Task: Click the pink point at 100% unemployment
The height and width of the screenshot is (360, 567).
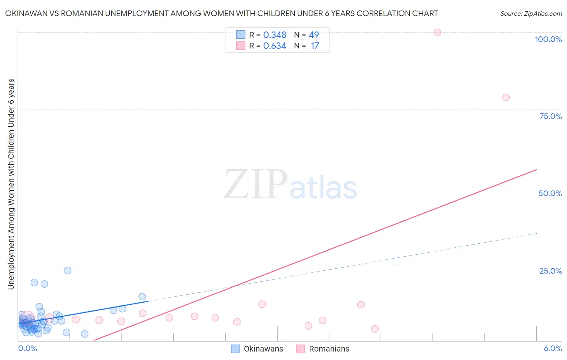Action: click(x=437, y=32)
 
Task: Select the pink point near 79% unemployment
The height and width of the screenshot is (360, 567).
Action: click(x=506, y=97)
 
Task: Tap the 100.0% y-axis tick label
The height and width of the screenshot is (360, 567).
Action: click(x=548, y=39)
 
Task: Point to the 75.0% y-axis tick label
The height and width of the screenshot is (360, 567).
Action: click(x=550, y=116)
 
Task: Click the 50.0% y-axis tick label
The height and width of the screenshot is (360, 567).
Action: click(x=550, y=193)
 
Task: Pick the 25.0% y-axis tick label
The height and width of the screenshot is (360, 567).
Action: click(x=550, y=271)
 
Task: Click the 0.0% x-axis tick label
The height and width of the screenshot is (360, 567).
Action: click(x=27, y=348)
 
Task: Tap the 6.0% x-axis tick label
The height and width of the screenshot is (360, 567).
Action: click(x=552, y=348)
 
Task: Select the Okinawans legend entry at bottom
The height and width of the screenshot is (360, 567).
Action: click(x=257, y=349)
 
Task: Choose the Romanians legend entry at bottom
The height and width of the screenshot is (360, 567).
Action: click(x=323, y=349)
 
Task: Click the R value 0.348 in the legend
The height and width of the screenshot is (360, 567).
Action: click(x=275, y=35)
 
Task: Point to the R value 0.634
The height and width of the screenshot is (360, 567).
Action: click(x=275, y=46)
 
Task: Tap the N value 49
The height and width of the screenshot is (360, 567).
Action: click(x=314, y=35)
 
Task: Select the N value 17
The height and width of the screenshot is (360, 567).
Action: click(x=315, y=46)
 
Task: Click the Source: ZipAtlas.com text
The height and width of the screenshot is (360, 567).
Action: click(x=531, y=14)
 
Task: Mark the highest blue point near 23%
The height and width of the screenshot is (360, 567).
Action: click(x=67, y=270)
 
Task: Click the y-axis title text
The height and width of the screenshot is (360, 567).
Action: click(x=11, y=184)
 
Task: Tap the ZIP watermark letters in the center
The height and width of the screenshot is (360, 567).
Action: click(x=256, y=185)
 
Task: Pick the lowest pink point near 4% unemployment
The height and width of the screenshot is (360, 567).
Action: click(x=375, y=329)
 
